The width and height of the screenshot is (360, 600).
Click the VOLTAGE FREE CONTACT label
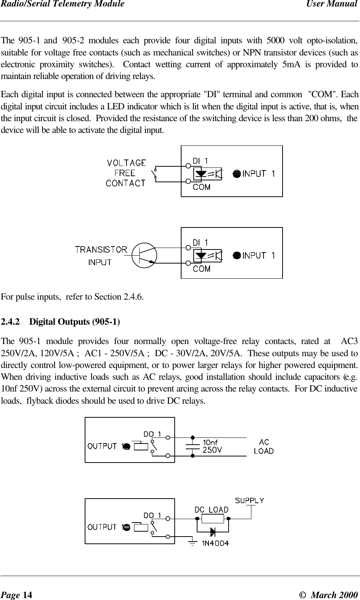coord(125,173)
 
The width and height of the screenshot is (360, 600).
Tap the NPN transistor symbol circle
coord(144,254)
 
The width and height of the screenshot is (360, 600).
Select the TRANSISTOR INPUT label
coord(101,256)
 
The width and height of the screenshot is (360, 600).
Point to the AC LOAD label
coord(264,447)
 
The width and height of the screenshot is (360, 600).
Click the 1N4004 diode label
coord(215,543)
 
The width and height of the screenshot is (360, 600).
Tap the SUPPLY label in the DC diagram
coord(249,500)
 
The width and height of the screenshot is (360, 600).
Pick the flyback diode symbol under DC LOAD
coord(213,531)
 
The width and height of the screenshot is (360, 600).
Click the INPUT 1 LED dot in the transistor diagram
coord(236,255)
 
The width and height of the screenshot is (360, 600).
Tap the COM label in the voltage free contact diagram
coord(202,187)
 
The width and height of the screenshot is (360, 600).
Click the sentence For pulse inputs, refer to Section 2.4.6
coord(72,296)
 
